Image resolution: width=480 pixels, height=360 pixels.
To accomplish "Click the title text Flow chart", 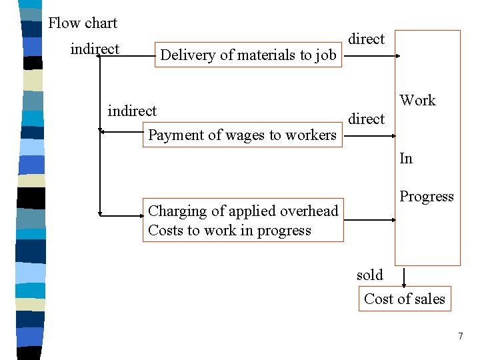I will [83, 23].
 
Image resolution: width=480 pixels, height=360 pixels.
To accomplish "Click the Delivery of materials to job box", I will [248, 55].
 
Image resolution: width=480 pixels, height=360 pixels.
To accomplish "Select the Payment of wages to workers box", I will [242, 135].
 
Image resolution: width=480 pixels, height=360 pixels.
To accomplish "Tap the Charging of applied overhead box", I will [243, 221].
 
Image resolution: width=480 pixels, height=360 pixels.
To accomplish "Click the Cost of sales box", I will [404, 299].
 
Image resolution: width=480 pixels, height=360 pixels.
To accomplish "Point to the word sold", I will [369, 275].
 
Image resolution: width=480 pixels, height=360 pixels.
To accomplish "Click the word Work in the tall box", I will [417, 101].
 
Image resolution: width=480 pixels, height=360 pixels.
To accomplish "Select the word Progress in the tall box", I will [426, 197].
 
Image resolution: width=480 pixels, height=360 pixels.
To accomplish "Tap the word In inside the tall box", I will [406, 159].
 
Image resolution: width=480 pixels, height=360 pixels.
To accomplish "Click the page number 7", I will [460, 336].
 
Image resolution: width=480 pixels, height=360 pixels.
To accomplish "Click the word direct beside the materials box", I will [366, 39].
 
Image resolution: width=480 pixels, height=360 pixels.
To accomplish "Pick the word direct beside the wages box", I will [366, 119].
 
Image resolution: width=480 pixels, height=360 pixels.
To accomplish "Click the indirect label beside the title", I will [95, 49].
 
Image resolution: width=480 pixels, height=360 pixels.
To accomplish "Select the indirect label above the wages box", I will [132, 111].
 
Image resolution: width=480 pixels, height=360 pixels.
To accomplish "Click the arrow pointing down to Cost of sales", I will [403, 277].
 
